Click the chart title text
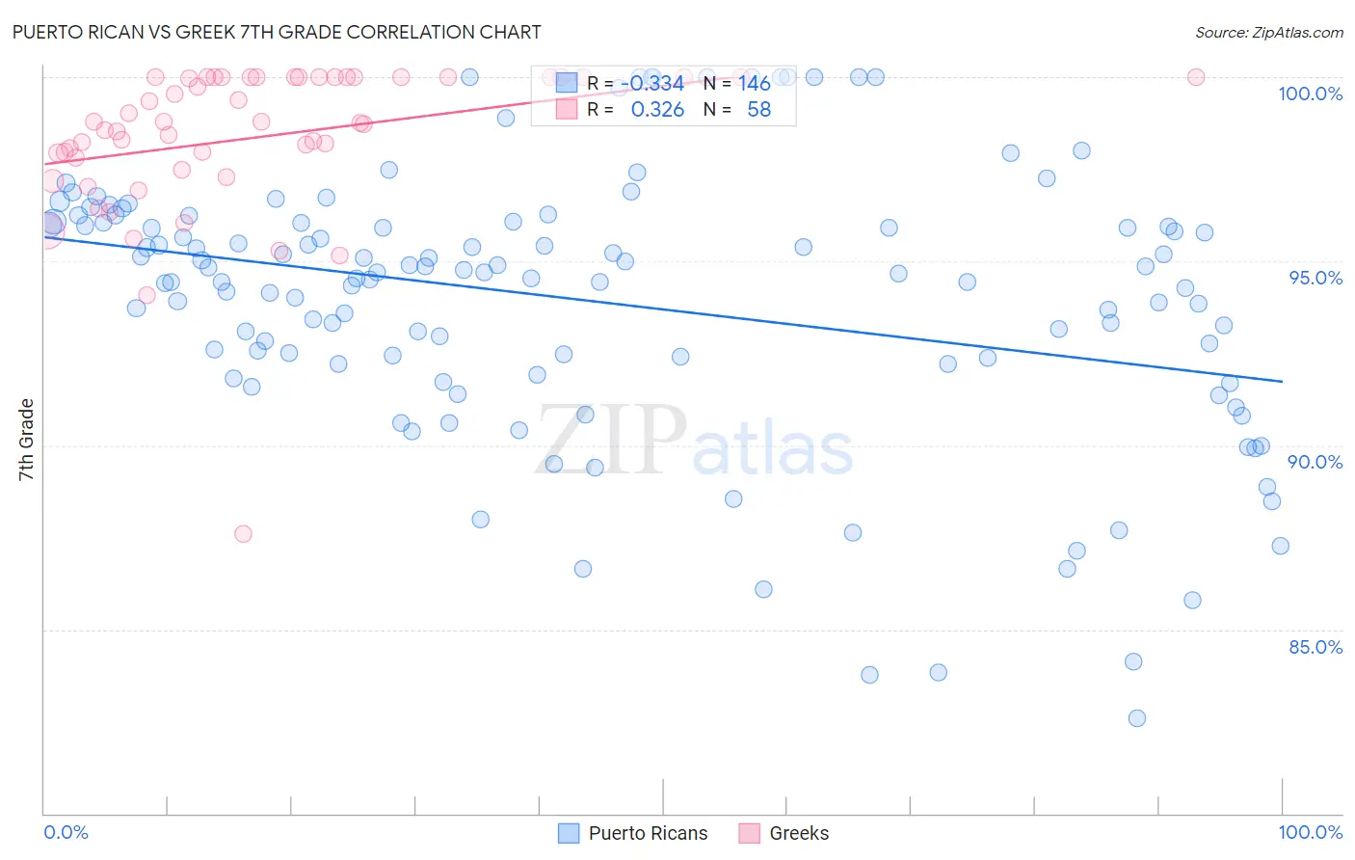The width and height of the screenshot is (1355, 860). click(277, 32)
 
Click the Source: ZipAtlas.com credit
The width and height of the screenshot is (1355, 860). click(1268, 33)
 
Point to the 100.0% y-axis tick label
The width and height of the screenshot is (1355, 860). click(1310, 94)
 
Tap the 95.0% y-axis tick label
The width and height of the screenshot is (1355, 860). click(1315, 278)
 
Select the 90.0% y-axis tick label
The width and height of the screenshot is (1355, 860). click(1315, 462)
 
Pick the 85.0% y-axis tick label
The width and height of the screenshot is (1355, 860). click(1315, 647)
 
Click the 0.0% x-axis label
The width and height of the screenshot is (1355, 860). click(66, 832)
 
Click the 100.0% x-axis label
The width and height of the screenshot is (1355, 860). click(1310, 832)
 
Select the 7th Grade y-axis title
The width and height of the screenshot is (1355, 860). click(26, 440)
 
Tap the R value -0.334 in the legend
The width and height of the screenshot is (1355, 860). click(652, 84)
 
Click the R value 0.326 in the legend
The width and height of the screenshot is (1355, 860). click(657, 110)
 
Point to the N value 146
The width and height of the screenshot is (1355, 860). click(755, 84)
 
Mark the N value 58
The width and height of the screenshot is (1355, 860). click(758, 110)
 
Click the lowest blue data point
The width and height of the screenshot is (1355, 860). click(1137, 718)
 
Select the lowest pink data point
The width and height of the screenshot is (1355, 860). click(243, 534)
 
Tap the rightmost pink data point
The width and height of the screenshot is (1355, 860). click(1196, 77)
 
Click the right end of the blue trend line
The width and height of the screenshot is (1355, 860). click(1282, 382)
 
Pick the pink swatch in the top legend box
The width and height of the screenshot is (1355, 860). click(566, 109)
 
